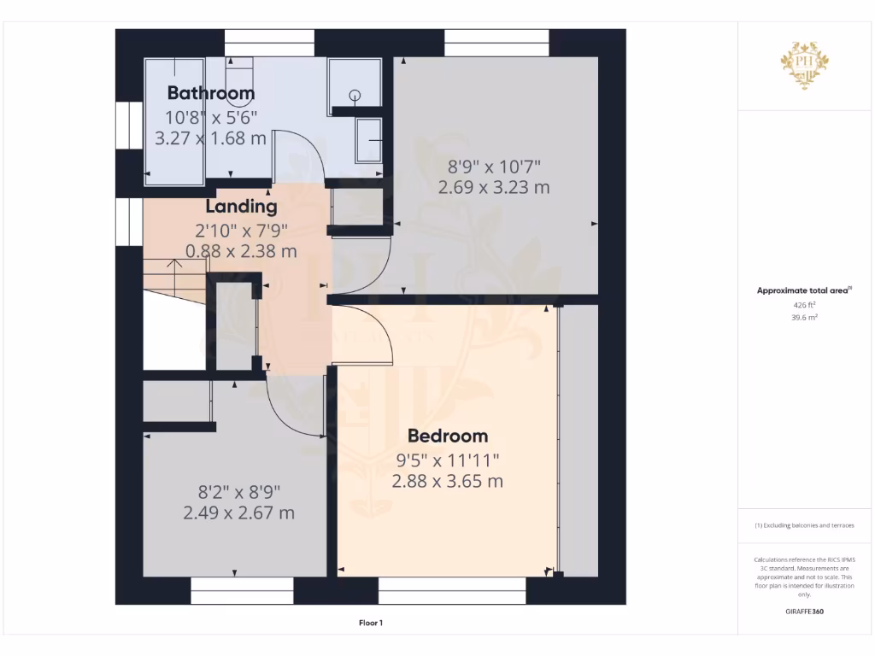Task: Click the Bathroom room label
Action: tap(210, 93)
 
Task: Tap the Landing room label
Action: tap(241, 207)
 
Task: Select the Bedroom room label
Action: tap(447, 436)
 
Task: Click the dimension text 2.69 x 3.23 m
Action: tap(493, 187)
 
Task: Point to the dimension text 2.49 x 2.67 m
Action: tap(238, 513)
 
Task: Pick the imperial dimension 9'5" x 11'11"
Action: tap(447, 460)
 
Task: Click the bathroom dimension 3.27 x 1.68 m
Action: tap(210, 138)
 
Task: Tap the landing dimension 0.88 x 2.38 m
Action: tap(241, 252)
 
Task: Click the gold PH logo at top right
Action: tap(804, 64)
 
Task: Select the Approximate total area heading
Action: tap(803, 290)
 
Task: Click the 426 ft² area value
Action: tap(804, 304)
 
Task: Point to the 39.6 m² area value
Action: tap(804, 317)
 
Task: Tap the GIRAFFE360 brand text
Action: tap(804, 612)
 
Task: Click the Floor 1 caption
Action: tap(370, 624)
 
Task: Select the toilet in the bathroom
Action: tap(241, 68)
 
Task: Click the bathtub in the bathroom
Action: tap(175, 120)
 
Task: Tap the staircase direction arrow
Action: tap(175, 273)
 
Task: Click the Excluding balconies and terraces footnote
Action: tap(804, 525)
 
